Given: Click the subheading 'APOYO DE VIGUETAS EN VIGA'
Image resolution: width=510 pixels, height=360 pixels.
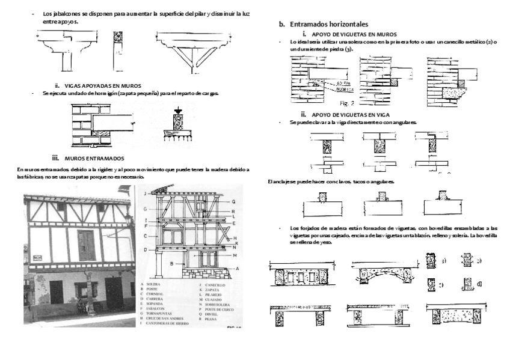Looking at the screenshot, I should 345,114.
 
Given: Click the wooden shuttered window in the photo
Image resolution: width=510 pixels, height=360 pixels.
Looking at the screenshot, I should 85,244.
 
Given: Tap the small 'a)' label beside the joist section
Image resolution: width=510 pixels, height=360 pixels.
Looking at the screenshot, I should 444,261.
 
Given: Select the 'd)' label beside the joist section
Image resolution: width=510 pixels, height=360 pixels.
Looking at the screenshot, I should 479,283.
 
